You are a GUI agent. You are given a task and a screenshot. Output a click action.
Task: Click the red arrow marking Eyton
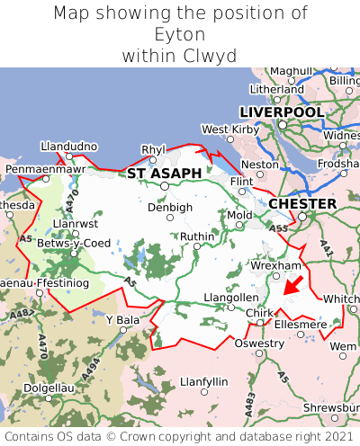pyautogui.click(x=292, y=286)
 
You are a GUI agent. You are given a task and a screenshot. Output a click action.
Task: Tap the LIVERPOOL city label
pyautogui.click(x=281, y=111)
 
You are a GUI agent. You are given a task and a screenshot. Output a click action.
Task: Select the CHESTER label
pyautogui.click(x=302, y=204)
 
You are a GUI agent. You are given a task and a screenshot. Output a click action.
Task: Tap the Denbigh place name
pyautogui.click(x=170, y=207)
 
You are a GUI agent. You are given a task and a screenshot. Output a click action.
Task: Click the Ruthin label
pyautogui.click(x=197, y=236)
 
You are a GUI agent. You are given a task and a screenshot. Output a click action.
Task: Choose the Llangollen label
pyautogui.click(x=230, y=297)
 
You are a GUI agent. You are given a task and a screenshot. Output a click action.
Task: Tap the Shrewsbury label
pyautogui.click(x=330, y=407)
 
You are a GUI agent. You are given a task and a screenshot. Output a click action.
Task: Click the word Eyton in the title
pyautogui.click(x=180, y=34)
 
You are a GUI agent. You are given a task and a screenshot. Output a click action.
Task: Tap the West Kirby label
pyautogui.click(x=229, y=129)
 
